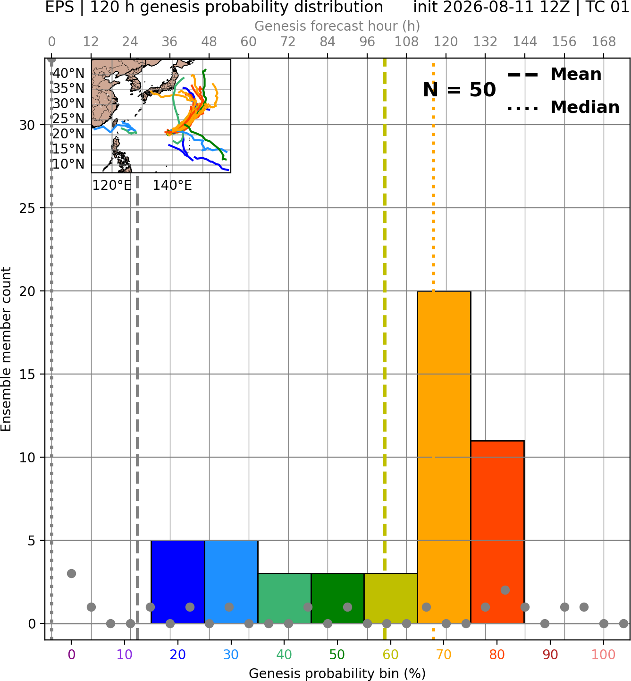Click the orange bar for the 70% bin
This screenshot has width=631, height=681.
pos(444,458)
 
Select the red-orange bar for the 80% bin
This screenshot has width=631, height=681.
pos(497,532)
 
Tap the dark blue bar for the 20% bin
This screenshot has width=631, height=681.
pos(178,582)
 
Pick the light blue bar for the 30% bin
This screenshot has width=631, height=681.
pos(231,582)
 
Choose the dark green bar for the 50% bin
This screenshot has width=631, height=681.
pos(337,598)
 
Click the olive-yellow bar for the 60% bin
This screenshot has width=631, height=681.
pos(391,598)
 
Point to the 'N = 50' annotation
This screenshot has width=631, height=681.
pos(459,90)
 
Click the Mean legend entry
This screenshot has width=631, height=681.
pos(554,75)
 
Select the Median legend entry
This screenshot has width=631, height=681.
pos(563,107)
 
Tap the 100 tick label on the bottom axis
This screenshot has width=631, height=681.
pos(604,655)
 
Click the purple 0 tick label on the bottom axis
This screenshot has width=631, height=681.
pos(71,655)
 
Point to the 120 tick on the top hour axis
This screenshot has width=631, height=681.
pos(446,42)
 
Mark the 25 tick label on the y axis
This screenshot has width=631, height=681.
pos(27,208)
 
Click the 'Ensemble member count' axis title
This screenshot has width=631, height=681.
pos(6,349)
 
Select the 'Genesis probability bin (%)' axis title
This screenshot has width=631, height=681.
pos(337,673)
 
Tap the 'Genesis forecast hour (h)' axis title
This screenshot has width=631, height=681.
pos(337,26)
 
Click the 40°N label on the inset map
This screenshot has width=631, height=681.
pos(68,73)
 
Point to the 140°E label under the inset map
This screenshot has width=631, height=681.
pos(172,186)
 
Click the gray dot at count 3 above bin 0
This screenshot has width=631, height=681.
pos(71,573)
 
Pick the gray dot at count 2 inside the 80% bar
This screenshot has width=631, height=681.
pos(505,590)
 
